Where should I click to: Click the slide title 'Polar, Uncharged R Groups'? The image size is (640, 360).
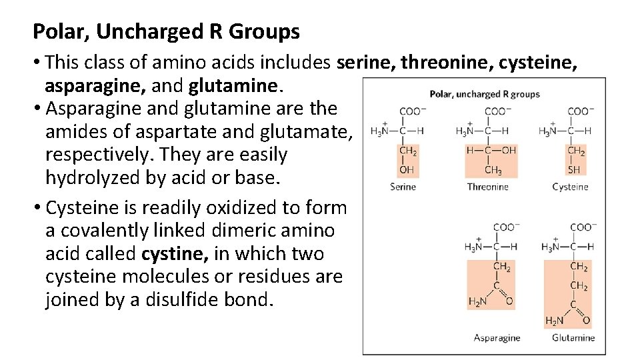click(167, 31)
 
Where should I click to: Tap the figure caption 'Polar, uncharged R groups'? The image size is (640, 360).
click(485, 94)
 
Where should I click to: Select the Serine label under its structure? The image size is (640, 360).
click(403, 187)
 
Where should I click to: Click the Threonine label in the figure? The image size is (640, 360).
click(489, 187)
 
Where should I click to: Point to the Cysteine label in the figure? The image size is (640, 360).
click(570, 187)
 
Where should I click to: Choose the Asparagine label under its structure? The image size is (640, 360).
click(497, 337)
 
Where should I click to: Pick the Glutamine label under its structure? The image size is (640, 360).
click(573, 337)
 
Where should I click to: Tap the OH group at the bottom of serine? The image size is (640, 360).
click(405, 170)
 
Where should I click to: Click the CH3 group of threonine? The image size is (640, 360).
click(494, 170)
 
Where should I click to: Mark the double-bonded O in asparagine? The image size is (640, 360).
click(511, 301)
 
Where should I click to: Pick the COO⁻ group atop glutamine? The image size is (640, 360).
click(583, 227)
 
